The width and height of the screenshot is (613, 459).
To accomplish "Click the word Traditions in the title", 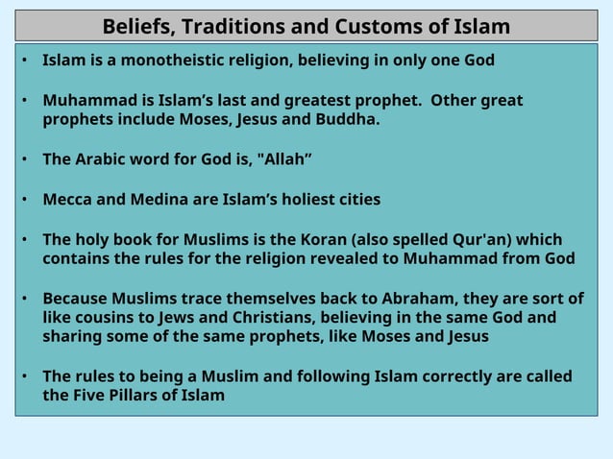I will (x=226, y=26).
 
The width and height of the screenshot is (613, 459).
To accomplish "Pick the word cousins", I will (x=106, y=318).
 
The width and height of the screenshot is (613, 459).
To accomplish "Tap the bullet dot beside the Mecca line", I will (x=26, y=200).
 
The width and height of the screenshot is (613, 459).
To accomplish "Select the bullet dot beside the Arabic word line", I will (x=26, y=159).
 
